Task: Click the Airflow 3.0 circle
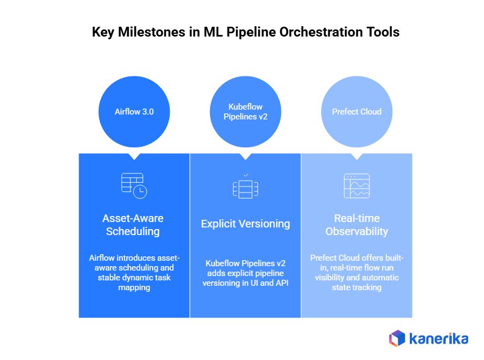coord(134,112)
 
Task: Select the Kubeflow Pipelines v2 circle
coord(246,112)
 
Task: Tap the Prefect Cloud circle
coord(357,112)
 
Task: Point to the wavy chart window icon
coord(357,186)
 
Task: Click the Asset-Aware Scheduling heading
coord(133,225)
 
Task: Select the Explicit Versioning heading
coord(246,224)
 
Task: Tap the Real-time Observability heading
coord(357,225)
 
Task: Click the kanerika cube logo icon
coord(397,338)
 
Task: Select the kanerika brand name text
coord(438,339)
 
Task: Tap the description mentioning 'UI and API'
coord(246,273)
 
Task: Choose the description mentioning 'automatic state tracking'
coord(357,272)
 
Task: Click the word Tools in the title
coord(382,32)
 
